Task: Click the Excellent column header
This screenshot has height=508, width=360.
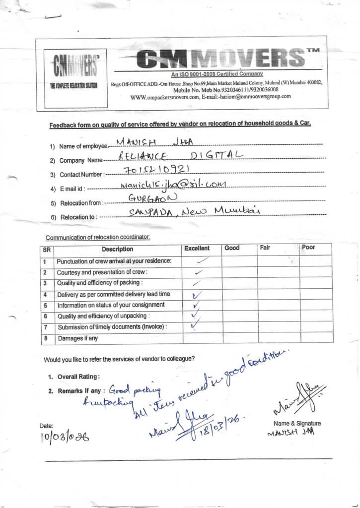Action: [197, 248]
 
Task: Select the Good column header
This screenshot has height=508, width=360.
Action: [232, 248]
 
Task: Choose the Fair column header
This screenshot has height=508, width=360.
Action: [265, 247]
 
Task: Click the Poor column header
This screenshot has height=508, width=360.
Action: [308, 247]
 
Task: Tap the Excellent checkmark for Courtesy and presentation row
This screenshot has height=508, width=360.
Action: [199, 272]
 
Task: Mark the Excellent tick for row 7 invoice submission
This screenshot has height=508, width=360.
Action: [196, 326]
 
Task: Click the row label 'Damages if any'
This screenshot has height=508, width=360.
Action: [78, 338]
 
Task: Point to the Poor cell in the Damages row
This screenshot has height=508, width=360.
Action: [316, 337]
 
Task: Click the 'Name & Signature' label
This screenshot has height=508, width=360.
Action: [297, 423]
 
